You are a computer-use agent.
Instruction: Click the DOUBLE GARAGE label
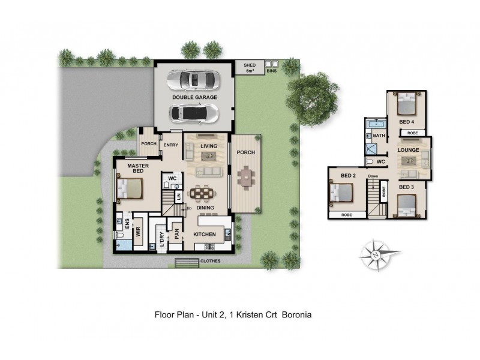click(x=194, y=97)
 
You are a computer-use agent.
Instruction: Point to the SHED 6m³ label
click(x=249, y=68)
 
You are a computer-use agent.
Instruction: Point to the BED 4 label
click(x=407, y=122)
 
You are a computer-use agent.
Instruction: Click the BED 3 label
click(x=406, y=188)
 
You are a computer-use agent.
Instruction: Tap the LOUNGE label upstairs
click(x=408, y=150)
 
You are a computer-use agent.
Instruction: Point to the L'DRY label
click(x=161, y=239)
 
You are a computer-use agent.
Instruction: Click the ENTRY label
click(x=171, y=144)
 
